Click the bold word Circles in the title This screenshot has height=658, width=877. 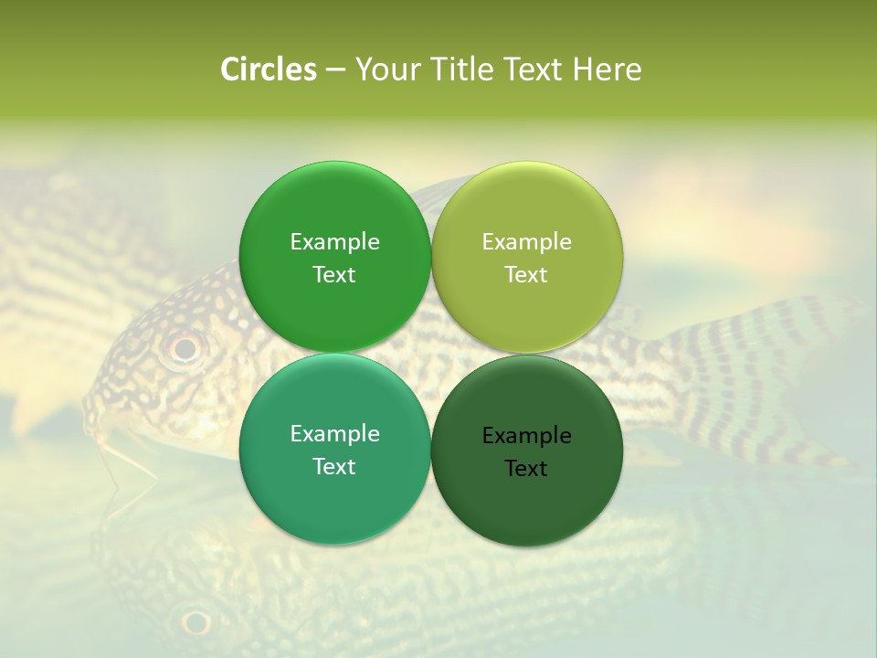268,69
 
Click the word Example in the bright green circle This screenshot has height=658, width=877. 334,242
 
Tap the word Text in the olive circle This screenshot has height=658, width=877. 526,275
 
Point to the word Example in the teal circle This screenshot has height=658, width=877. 334,434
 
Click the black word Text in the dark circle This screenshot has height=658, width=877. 526,469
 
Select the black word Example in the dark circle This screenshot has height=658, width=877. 526,436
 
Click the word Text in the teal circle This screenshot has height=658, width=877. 334,467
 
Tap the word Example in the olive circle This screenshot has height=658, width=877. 526,242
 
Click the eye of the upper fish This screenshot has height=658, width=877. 185,347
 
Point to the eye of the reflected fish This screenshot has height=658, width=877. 195,622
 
